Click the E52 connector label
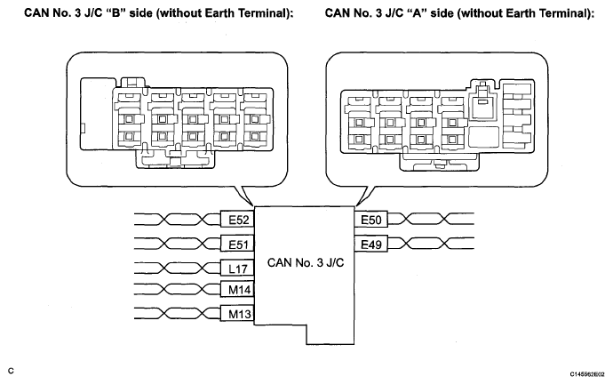[x=237, y=220]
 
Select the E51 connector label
[x=237, y=245]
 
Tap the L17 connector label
[x=237, y=269]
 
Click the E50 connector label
[x=371, y=220]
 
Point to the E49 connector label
[x=371, y=245]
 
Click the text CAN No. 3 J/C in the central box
[x=306, y=262]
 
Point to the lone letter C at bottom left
[x=11, y=371]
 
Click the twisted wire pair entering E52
[x=177, y=220]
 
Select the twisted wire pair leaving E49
[x=430, y=243]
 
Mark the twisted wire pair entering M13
[x=177, y=313]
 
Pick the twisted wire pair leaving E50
[x=430, y=219]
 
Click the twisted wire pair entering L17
[x=177, y=268]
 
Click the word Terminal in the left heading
[x=262, y=12]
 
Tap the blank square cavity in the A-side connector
[x=484, y=137]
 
